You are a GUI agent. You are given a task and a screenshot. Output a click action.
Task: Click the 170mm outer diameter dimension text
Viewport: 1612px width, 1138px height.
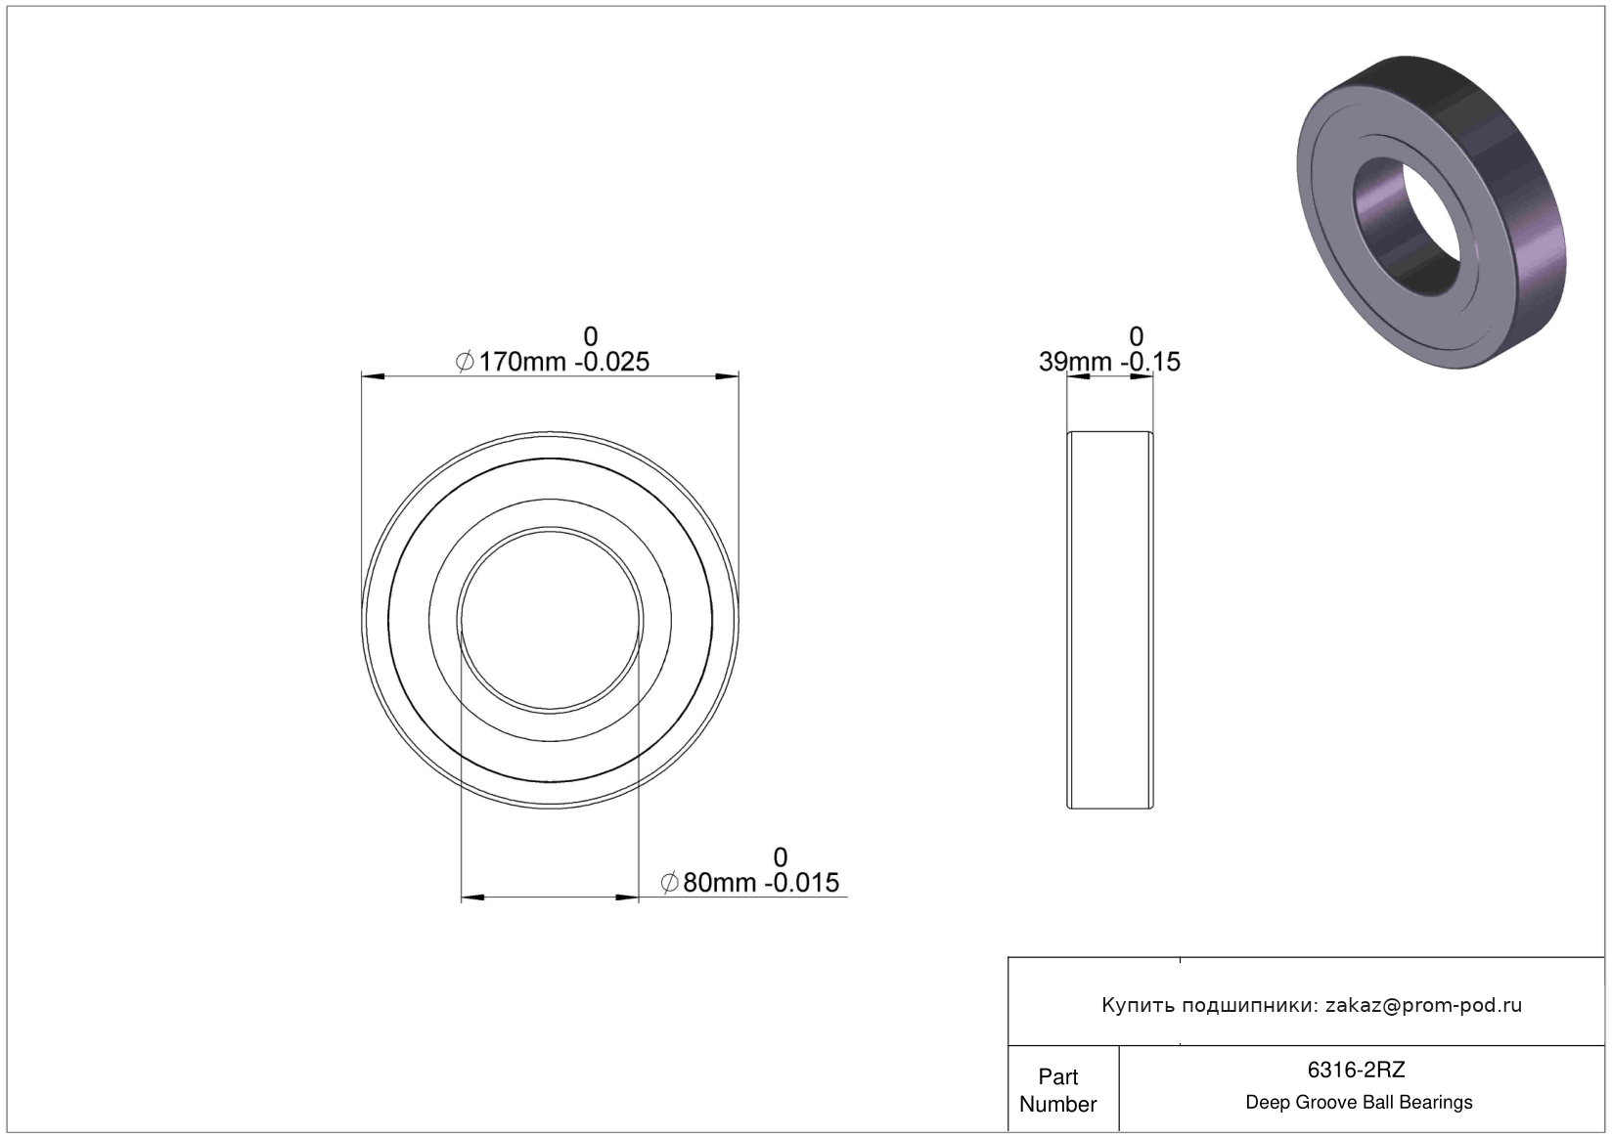tap(522, 361)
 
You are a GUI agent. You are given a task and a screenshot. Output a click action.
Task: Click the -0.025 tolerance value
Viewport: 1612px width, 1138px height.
tap(611, 361)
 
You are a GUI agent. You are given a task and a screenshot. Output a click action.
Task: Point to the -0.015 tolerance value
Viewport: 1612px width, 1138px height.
tap(802, 882)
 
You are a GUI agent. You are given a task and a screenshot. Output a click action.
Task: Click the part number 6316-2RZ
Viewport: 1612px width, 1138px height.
tap(1356, 1070)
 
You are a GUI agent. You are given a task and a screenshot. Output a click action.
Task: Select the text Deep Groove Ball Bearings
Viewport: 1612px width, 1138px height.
tap(1359, 1102)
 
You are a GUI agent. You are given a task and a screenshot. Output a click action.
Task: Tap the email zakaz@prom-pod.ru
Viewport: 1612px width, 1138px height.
tap(1423, 1005)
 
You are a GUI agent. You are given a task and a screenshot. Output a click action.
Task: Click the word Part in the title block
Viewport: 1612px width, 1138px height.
tap(1058, 1076)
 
